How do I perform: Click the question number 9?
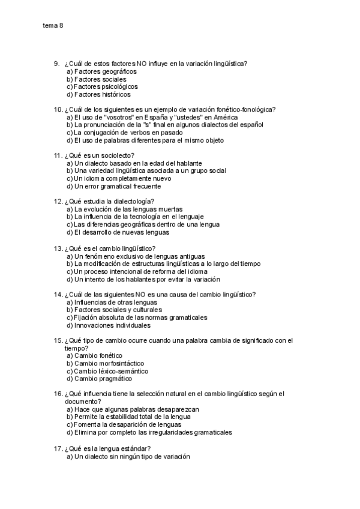[56, 64]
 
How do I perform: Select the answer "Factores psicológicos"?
[102, 86]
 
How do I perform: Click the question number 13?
[58, 248]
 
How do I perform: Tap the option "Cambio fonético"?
[96, 356]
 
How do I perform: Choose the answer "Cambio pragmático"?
[100, 379]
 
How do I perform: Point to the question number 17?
[58, 448]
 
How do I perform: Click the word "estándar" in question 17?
[131, 448]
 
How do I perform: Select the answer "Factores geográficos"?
[102, 71]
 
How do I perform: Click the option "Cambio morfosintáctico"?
[105, 363]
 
